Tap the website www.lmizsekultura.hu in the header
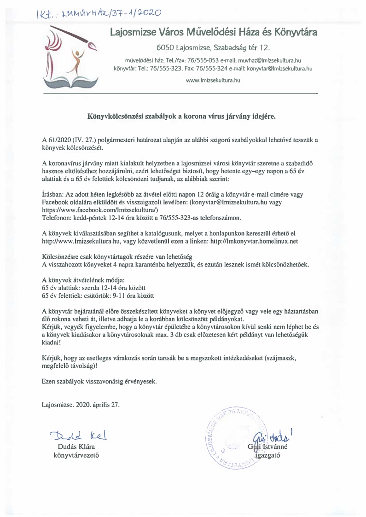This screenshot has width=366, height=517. coord(213,80)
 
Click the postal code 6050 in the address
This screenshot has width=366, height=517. coord(165,48)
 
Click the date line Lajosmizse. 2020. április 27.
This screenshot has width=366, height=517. coord(81,405)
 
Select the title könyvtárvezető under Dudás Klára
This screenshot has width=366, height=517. coord(76,455)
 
